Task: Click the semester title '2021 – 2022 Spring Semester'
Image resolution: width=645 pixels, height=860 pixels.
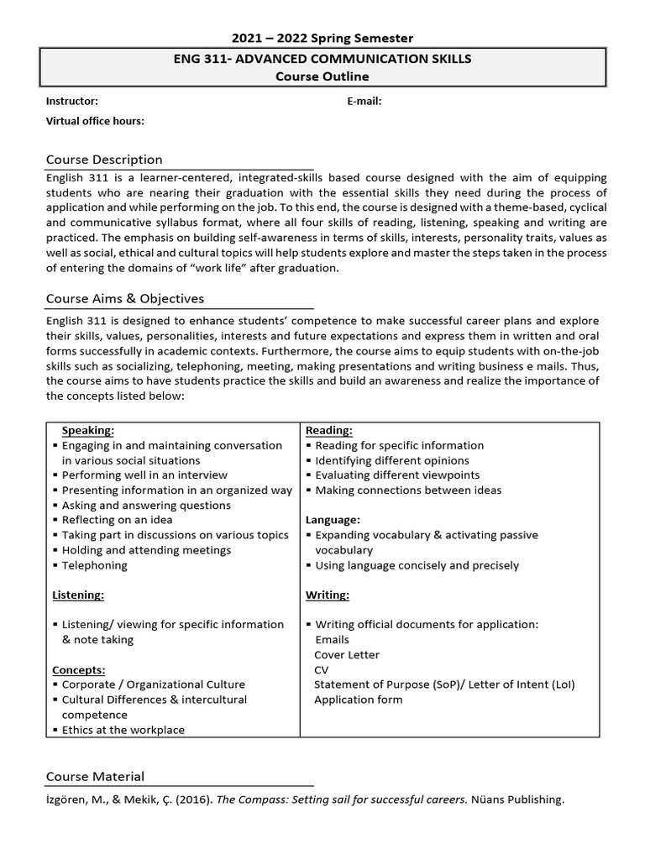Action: (x=322, y=38)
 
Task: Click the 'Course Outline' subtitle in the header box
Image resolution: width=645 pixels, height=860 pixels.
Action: (x=322, y=76)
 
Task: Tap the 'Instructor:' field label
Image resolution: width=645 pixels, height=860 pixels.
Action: (x=72, y=101)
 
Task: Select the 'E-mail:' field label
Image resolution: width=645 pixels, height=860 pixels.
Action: (x=364, y=101)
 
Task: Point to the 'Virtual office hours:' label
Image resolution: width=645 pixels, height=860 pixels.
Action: (x=95, y=121)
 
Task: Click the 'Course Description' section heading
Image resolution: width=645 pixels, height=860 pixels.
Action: (x=104, y=160)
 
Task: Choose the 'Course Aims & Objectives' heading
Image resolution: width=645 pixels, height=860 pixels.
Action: (x=124, y=298)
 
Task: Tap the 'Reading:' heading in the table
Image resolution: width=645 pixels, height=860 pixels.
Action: (x=329, y=431)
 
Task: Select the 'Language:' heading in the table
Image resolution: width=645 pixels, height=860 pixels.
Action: (x=333, y=520)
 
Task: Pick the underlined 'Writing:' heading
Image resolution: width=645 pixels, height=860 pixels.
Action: (x=328, y=595)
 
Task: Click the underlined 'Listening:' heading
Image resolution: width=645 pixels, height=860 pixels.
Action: (x=78, y=595)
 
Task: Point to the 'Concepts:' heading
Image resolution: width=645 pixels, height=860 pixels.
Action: (x=79, y=670)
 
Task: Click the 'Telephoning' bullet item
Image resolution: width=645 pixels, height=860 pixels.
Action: (x=95, y=565)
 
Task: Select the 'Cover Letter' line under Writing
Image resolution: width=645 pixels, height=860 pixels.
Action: (x=347, y=654)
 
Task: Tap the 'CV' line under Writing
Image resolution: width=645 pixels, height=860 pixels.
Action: (x=322, y=669)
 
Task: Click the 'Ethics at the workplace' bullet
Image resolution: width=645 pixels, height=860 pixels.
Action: (x=123, y=730)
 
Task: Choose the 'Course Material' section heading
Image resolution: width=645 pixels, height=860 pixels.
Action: (x=95, y=777)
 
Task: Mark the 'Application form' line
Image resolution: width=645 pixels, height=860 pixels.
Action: (x=358, y=700)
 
